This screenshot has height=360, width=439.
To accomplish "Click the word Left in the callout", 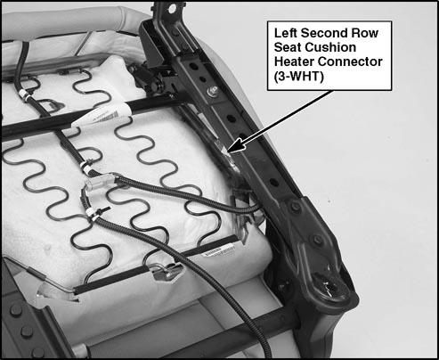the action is click(x=286, y=33).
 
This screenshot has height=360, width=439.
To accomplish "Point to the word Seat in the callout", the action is click(x=288, y=47).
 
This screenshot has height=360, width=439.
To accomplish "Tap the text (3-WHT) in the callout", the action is click(x=299, y=77).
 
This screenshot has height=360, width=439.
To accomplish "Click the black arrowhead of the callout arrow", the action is click(x=236, y=147).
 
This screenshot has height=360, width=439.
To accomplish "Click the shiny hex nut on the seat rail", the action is click(x=213, y=91).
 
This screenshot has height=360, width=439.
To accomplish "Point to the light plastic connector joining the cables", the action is click(x=100, y=182).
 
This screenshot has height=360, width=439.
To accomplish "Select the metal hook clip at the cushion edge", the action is click(x=168, y=271).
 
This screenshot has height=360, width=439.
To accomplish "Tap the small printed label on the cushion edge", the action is click(x=218, y=250).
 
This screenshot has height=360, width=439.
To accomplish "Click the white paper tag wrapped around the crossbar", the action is click(x=102, y=116).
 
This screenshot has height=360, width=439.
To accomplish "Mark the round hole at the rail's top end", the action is click(x=172, y=9).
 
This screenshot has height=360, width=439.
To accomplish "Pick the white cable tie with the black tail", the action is click(x=95, y=213).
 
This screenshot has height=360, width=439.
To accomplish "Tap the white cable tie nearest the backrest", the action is click(x=25, y=96).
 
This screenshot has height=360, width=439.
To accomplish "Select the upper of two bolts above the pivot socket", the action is click(x=295, y=206).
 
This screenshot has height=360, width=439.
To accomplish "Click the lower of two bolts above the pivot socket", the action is click(x=317, y=239).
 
